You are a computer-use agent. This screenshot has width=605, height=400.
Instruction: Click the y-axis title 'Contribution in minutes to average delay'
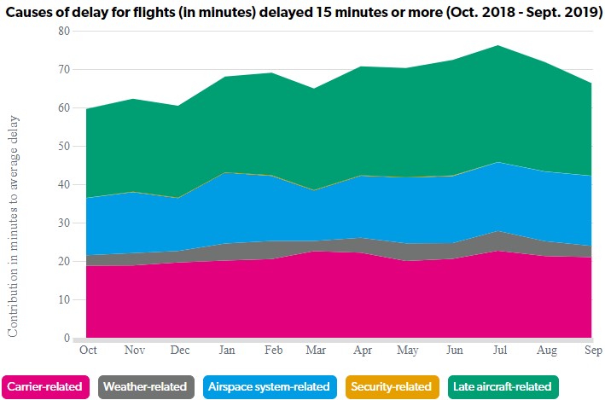click(x=14, y=225)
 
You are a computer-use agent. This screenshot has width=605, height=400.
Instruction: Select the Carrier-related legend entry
click(x=47, y=386)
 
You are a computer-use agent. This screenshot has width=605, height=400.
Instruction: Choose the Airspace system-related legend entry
click(x=268, y=386)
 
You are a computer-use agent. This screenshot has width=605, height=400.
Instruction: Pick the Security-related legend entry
click(x=392, y=386)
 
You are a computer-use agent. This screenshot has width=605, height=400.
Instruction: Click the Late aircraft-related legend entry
click(x=502, y=386)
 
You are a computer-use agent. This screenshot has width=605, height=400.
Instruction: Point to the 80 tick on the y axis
click(x=63, y=31)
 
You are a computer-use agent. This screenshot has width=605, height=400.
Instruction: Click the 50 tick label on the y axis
click(x=63, y=147)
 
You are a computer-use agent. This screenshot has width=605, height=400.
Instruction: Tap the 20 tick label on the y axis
click(x=63, y=262)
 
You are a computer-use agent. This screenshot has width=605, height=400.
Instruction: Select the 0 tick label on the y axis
click(x=67, y=339)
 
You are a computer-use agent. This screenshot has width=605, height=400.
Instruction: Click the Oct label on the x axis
click(x=87, y=350)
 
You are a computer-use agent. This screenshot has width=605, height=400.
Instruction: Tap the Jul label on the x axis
click(x=499, y=350)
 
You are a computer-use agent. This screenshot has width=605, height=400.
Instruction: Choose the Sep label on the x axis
click(x=590, y=350)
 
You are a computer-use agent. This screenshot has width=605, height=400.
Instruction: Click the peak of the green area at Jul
click(x=499, y=45)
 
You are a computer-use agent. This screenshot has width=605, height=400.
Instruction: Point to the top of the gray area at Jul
click(x=499, y=231)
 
